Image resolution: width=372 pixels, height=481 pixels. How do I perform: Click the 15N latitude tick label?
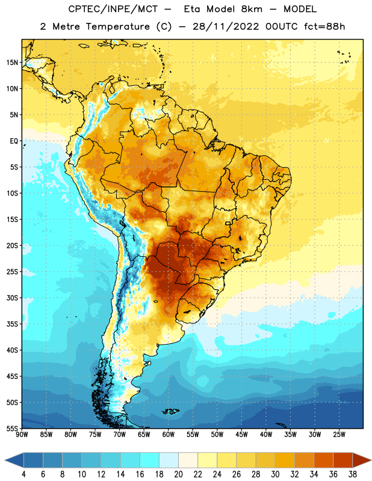(x=12, y=63)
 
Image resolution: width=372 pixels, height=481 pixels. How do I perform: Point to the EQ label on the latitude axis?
(x=14, y=141)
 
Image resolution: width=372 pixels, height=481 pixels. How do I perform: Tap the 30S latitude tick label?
(x=12, y=298)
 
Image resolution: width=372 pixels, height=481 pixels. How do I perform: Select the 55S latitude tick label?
(x=12, y=429)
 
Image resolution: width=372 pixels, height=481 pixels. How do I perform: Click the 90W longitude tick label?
(x=22, y=435)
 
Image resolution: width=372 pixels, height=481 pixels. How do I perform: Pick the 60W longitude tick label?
(x=169, y=435)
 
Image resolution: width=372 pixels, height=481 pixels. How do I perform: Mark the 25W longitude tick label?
(x=339, y=435)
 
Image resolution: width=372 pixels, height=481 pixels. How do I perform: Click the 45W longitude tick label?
(x=241, y=435)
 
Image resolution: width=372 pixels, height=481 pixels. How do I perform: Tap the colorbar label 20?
(x=178, y=474)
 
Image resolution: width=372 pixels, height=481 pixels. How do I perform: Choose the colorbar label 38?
(x=353, y=474)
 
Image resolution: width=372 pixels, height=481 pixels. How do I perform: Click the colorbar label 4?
(x=23, y=474)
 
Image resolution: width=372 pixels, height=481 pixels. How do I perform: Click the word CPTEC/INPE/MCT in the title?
(x=113, y=9)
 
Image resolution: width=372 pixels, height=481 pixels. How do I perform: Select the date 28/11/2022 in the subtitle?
(x=226, y=26)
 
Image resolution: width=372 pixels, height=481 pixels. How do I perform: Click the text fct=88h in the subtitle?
(x=324, y=26)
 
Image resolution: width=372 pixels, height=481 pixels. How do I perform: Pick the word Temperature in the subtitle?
(x=117, y=26)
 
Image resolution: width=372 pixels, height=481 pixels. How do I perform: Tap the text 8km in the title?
(x=252, y=9)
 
